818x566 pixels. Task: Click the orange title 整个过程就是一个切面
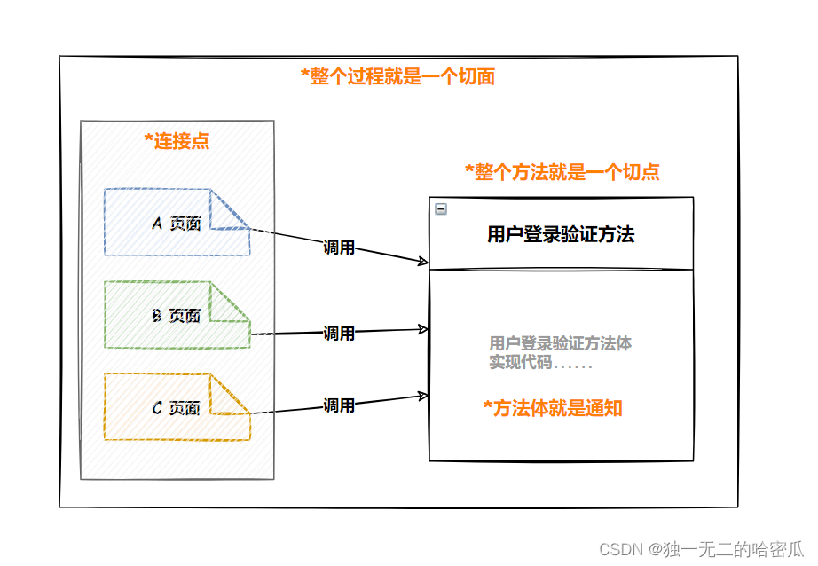(398, 76)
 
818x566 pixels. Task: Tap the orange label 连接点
(177, 141)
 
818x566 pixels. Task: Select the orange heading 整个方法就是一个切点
(562, 171)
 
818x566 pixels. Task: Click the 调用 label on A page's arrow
(339, 248)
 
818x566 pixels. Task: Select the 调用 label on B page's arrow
(339, 334)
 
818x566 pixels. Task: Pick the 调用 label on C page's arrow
(339, 405)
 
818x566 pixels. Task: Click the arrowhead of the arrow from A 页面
(423, 261)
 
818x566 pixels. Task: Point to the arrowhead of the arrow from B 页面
(423, 329)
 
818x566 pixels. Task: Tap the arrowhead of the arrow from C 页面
(423, 397)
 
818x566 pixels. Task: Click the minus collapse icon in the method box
(441, 209)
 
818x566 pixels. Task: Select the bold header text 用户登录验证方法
(561, 234)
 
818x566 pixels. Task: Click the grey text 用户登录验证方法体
(561, 343)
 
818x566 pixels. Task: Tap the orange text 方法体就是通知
(553, 408)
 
